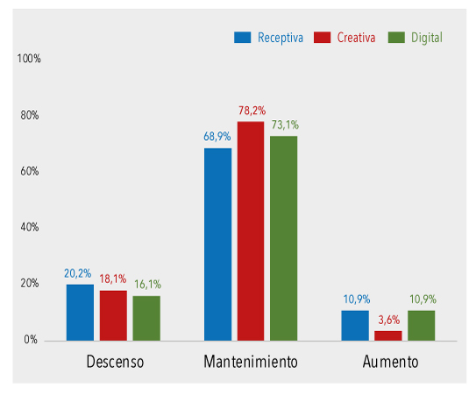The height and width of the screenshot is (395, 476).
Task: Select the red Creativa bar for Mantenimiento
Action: coord(251,230)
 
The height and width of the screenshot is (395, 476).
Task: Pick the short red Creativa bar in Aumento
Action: coord(388,335)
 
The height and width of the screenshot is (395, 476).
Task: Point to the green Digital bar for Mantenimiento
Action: coord(284,237)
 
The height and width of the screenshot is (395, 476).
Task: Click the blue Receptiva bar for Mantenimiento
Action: coord(218,243)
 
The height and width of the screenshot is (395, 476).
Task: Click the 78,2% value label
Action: coord(252,110)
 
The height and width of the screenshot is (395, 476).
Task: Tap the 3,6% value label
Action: coord(388,321)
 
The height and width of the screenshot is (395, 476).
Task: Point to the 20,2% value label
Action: coord(79,273)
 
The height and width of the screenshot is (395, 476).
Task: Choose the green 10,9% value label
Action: coord(422,300)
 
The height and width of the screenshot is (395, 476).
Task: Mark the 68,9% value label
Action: coord(217,138)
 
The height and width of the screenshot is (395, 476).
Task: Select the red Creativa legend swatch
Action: coord(322,38)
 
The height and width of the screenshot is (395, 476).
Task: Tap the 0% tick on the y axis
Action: coord(31,340)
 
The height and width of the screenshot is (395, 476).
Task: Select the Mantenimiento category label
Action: coord(251,362)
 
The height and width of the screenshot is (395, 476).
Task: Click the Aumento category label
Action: coord(390,362)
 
